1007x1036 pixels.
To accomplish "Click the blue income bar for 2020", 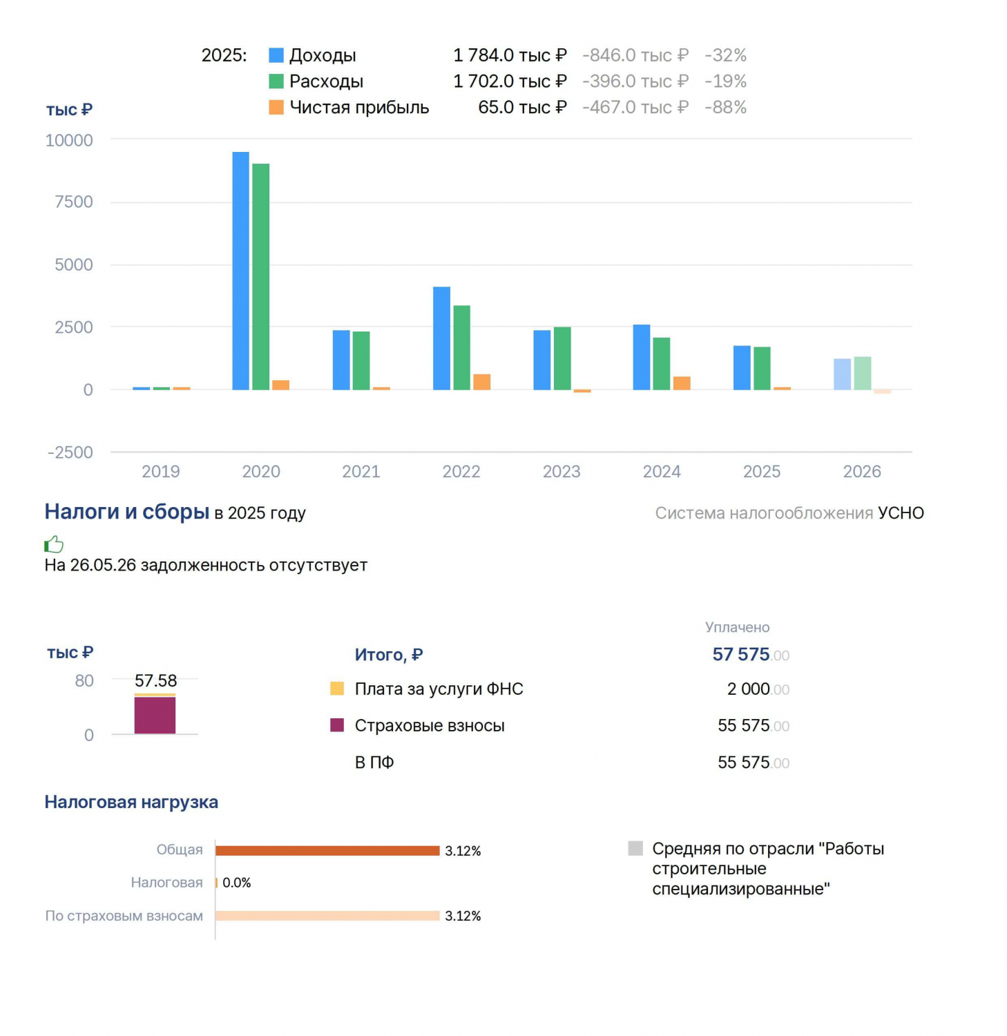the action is point(240,271).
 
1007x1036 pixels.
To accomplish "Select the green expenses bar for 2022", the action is point(461,347).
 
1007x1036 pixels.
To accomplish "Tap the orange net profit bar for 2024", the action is point(682,383).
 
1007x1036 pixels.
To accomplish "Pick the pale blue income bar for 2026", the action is point(842,374).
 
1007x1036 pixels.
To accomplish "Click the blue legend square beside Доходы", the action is point(276,55).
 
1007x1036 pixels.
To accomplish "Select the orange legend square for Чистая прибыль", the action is point(276,107).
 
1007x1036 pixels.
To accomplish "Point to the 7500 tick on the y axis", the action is point(74,202).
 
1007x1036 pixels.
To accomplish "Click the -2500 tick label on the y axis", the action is point(70,452).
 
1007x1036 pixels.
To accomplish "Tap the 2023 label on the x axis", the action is point(562,472).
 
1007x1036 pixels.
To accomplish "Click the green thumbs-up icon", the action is point(54,545).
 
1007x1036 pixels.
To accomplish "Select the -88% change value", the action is point(726,107).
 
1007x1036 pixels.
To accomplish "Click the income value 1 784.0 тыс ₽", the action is point(510,55).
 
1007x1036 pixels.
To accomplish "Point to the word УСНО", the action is point(901,513).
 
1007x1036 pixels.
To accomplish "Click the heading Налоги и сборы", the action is point(127,512).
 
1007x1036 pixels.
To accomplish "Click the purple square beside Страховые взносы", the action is point(337,725).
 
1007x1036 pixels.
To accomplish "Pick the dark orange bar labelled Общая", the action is point(327,850).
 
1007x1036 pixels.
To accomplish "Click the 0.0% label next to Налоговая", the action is point(237,883).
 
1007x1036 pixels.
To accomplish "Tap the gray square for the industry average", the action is point(635,848).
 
